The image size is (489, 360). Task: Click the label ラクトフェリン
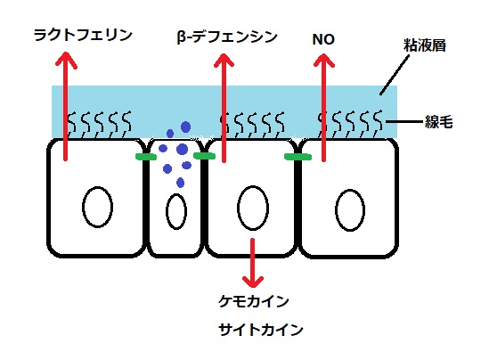(83, 35)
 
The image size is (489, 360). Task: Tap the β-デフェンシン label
(227, 37)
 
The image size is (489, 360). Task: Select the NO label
(323, 39)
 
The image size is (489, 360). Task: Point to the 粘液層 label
(425, 45)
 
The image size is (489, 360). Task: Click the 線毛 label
(438, 122)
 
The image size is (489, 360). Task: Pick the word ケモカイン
(254, 301)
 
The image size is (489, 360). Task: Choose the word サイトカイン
(261, 330)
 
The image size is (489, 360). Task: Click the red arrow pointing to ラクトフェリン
(66, 106)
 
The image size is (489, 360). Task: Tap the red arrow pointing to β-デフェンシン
(224, 108)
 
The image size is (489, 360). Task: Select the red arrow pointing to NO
(323, 107)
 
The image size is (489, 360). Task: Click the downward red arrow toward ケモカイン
(253, 263)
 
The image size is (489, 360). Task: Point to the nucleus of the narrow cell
(176, 211)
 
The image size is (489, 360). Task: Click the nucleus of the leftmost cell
(98, 208)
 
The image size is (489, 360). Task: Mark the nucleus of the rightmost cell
(350, 209)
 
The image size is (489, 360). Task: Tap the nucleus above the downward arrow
(253, 208)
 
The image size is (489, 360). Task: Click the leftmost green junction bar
(146, 157)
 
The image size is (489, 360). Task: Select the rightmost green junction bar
(297, 157)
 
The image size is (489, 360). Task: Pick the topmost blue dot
(185, 127)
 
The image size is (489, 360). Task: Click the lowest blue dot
(180, 182)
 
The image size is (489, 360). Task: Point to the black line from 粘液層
(395, 75)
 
